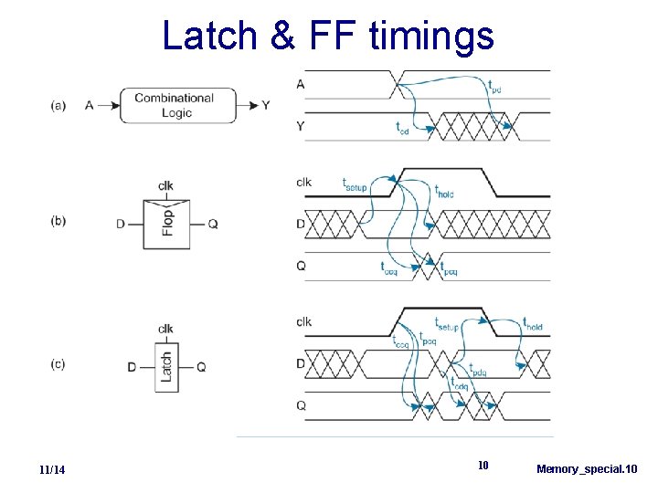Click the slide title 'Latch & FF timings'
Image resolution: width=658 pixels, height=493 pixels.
[x=328, y=36]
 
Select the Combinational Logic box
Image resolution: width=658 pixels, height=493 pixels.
[x=177, y=105]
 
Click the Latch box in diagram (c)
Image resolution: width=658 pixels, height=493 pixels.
[x=166, y=366]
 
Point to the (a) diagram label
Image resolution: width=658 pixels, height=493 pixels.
[x=58, y=105]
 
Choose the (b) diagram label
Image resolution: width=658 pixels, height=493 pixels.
[x=58, y=222]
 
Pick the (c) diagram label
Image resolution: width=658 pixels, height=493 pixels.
[x=58, y=364]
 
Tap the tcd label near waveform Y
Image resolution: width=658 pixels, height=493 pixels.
[x=402, y=128]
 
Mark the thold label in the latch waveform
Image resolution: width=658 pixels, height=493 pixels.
[x=532, y=325]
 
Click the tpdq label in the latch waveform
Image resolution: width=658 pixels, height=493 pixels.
[x=477, y=371]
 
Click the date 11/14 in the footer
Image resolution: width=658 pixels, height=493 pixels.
[x=52, y=469]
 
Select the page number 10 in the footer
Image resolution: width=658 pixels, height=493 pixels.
[x=484, y=466]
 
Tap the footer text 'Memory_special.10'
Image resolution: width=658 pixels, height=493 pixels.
[x=587, y=469]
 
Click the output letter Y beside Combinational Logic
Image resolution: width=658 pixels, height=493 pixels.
[x=265, y=105]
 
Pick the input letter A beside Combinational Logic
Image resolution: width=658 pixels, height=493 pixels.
[x=90, y=105]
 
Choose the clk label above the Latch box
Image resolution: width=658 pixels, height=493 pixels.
[x=166, y=329]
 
